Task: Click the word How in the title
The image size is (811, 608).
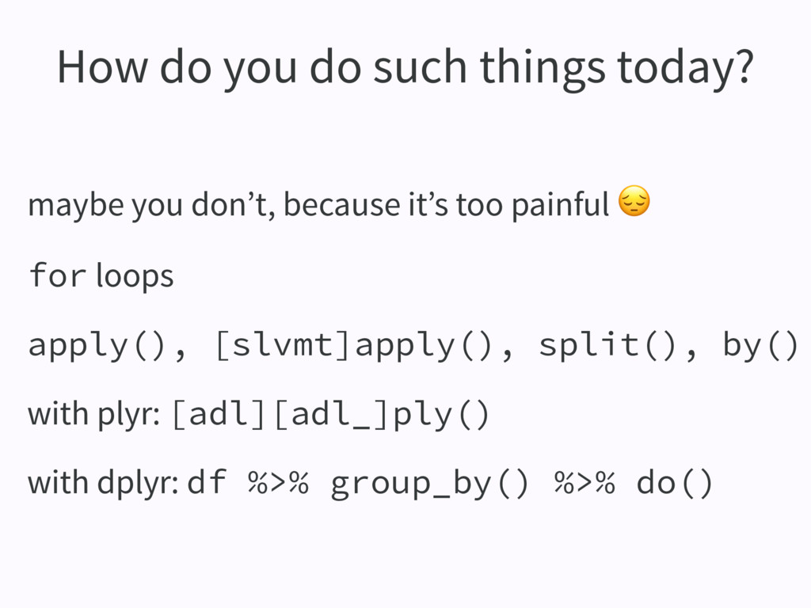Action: point(102,66)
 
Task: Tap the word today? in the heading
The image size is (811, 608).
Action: point(685,70)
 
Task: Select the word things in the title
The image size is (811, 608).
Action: point(542,70)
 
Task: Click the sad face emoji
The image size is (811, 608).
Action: point(634,200)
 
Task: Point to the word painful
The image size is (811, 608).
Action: point(561,205)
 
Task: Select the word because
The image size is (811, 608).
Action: point(341,203)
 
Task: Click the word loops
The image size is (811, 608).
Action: point(135,276)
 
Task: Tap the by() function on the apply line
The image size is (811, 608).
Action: point(760,345)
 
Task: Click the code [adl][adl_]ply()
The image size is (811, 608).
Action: point(330,415)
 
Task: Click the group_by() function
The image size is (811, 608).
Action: point(429,484)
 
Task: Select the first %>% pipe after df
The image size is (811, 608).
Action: point(278,483)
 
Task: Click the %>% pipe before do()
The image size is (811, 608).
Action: point(584,483)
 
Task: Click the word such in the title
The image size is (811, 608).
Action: point(420,66)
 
